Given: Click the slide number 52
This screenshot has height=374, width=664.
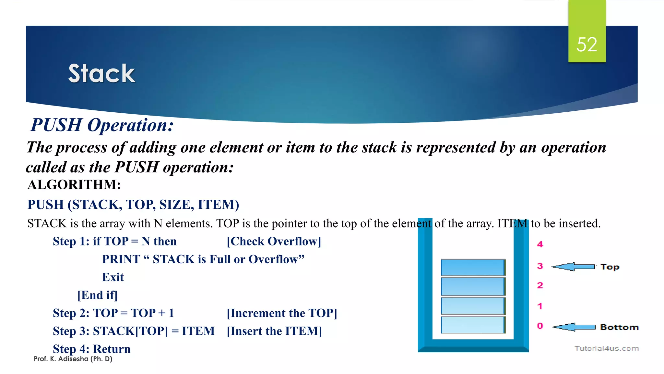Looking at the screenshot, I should (x=587, y=44).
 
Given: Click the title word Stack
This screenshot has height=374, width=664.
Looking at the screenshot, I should (x=101, y=73).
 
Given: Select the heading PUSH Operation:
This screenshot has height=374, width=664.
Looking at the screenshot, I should (x=102, y=125).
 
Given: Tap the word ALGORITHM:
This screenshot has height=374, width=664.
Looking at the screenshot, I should (x=74, y=185).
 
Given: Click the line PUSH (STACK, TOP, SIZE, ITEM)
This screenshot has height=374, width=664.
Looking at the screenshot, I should (x=133, y=205).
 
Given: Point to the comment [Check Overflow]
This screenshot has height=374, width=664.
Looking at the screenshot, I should (x=274, y=241).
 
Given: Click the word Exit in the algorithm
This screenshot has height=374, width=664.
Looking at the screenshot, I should (x=113, y=277).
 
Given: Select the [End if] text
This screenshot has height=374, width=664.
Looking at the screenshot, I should (x=97, y=295).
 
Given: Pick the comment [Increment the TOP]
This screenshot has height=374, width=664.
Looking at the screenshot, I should (x=282, y=313).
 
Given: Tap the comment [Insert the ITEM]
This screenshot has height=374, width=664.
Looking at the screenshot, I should (x=274, y=331).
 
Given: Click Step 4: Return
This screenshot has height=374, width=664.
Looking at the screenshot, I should (x=92, y=349).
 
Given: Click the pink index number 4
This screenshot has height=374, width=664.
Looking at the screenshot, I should (x=540, y=244).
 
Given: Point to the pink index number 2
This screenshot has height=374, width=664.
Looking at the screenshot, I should (x=540, y=285).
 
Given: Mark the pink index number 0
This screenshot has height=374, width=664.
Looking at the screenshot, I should (x=540, y=326).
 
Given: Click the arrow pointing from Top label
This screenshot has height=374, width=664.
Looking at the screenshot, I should (x=573, y=267).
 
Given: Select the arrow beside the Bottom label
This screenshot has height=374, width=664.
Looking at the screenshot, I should (x=574, y=327).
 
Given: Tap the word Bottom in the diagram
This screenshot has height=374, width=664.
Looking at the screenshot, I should (x=619, y=327).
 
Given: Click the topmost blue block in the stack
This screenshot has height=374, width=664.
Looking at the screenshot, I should (x=473, y=267).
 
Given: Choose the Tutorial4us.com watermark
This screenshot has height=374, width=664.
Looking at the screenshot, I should (x=607, y=348).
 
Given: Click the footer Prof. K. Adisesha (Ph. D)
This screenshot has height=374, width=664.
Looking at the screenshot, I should (x=73, y=359).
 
